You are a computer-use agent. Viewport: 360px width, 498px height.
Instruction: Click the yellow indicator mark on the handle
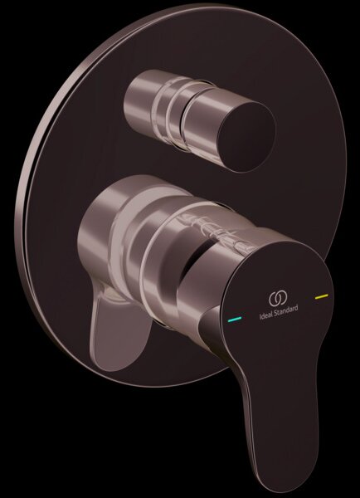[x=322, y=296]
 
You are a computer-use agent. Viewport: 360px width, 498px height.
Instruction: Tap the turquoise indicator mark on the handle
[x=235, y=319]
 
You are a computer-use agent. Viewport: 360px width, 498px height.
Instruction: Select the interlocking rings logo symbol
[x=278, y=299]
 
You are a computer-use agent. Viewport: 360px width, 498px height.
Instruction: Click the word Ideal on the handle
[x=265, y=315]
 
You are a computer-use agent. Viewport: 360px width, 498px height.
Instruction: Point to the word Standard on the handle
[x=286, y=311]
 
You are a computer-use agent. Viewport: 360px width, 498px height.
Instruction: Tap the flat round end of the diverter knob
[x=246, y=137]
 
